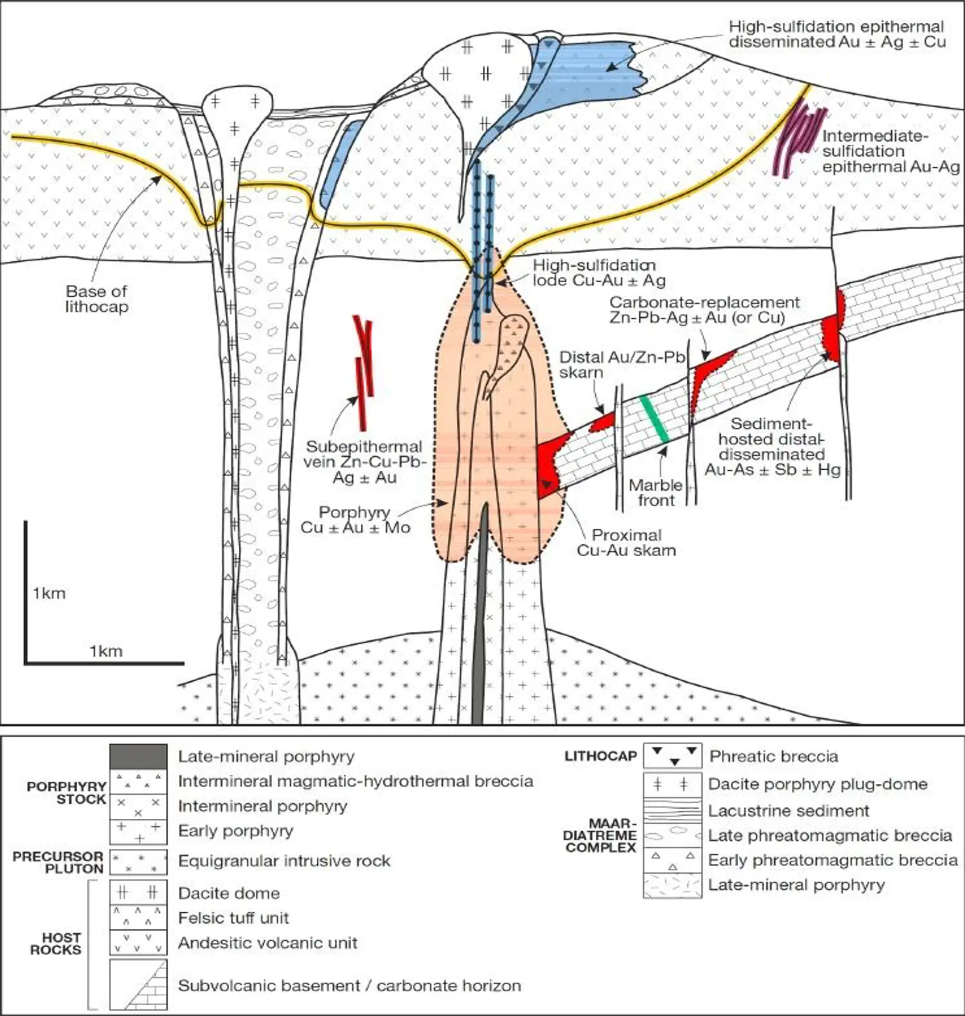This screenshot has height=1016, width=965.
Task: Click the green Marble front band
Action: pyautogui.click(x=654, y=419)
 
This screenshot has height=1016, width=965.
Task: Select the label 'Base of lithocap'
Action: pyautogui.click(x=96, y=299)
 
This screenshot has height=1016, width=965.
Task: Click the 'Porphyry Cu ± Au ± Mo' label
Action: pyautogui.click(x=355, y=520)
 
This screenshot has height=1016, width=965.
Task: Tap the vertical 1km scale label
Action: pyautogui.click(x=49, y=593)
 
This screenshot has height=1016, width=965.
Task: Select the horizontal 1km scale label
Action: pyautogui.click(x=106, y=651)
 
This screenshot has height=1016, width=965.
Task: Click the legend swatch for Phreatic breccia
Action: pyautogui.click(x=672, y=756)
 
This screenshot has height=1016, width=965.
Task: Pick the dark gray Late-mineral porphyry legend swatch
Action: pyautogui.click(x=138, y=756)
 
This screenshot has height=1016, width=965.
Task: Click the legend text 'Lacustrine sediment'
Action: pyautogui.click(x=788, y=811)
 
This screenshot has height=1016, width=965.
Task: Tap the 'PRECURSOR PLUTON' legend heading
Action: pyautogui.click(x=59, y=862)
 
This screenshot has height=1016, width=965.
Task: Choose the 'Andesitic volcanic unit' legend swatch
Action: pyautogui.click(x=138, y=942)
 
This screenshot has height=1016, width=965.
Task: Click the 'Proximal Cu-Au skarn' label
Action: pyautogui.click(x=626, y=543)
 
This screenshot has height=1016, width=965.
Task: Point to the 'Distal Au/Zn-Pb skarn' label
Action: pyautogui.click(x=622, y=365)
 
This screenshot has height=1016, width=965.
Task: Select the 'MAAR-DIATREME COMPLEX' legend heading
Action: pyautogui.click(x=600, y=836)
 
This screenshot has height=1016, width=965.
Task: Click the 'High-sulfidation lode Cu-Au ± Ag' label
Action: pyautogui.click(x=599, y=273)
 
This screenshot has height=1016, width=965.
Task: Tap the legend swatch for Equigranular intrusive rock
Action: pyautogui.click(x=138, y=862)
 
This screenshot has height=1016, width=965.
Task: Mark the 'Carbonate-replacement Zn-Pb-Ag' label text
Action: pyautogui.click(x=704, y=310)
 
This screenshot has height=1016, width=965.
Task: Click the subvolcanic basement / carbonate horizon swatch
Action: pyautogui.click(x=138, y=985)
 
